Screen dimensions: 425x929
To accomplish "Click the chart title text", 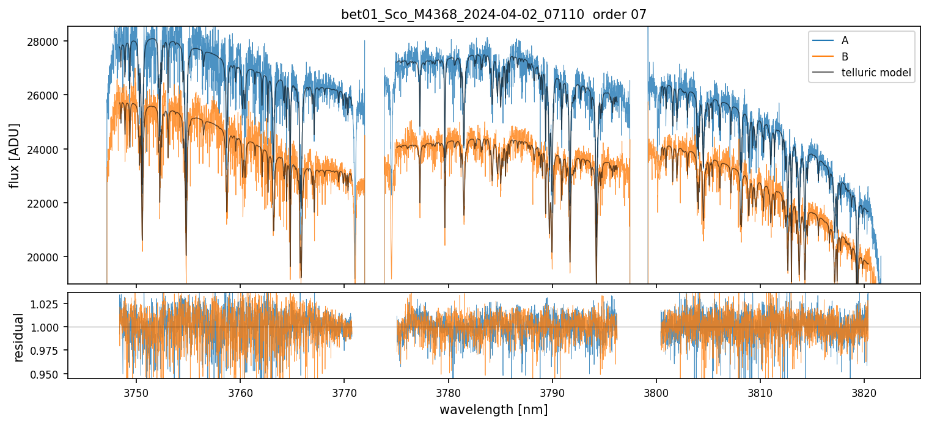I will click(493, 15).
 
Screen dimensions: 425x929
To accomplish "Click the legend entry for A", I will click(845, 40).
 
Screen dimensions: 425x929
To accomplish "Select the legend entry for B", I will click(845, 57).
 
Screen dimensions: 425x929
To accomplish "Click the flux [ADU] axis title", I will click(14, 155).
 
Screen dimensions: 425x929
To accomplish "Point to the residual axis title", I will click(18, 337).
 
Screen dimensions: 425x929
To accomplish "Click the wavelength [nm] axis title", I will click(493, 410).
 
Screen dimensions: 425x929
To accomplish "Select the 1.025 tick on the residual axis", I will click(50, 304).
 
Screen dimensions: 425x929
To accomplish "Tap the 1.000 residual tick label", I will click(50, 327).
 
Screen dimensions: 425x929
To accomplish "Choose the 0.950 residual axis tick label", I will click(50, 374).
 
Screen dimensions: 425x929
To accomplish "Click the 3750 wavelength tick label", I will click(136, 392).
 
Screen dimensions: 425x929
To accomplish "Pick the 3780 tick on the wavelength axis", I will click(448, 392).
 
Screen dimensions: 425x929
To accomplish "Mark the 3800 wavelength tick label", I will click(656, 392).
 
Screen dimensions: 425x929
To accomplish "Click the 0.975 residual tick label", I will click(50, 351).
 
